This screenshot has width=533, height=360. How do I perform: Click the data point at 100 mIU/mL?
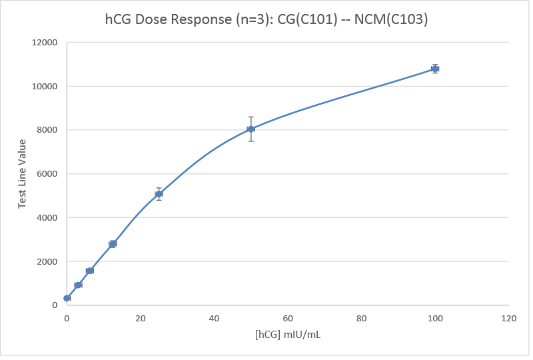pos(435,69)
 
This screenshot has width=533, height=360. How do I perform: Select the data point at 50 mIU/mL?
pos(251,129)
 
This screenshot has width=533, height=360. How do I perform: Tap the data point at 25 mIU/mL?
pos(159,194)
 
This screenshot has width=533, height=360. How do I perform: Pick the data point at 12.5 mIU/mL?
pos(113,244)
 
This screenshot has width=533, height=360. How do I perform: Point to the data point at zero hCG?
pos(67,298)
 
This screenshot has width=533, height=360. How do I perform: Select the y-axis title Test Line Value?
pos(22,173)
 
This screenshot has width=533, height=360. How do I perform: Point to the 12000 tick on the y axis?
pos(45,43)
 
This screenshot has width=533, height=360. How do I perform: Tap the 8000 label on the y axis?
pos(48,130)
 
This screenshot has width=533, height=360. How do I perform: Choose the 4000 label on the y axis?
pos(48,217)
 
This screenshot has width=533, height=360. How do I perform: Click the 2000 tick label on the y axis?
pos(48,261)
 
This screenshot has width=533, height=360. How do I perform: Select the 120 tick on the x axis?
pos(509,319)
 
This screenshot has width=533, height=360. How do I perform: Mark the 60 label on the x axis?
pos(288,319)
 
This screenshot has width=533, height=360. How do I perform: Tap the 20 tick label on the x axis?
pos(141,319)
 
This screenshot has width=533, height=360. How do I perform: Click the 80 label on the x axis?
pos(362,319)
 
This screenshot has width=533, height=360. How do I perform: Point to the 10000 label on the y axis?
pos(45,87)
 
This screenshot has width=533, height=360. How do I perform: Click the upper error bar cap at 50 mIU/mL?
pos(251,117)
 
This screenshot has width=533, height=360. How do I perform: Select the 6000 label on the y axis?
pos(48,174)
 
